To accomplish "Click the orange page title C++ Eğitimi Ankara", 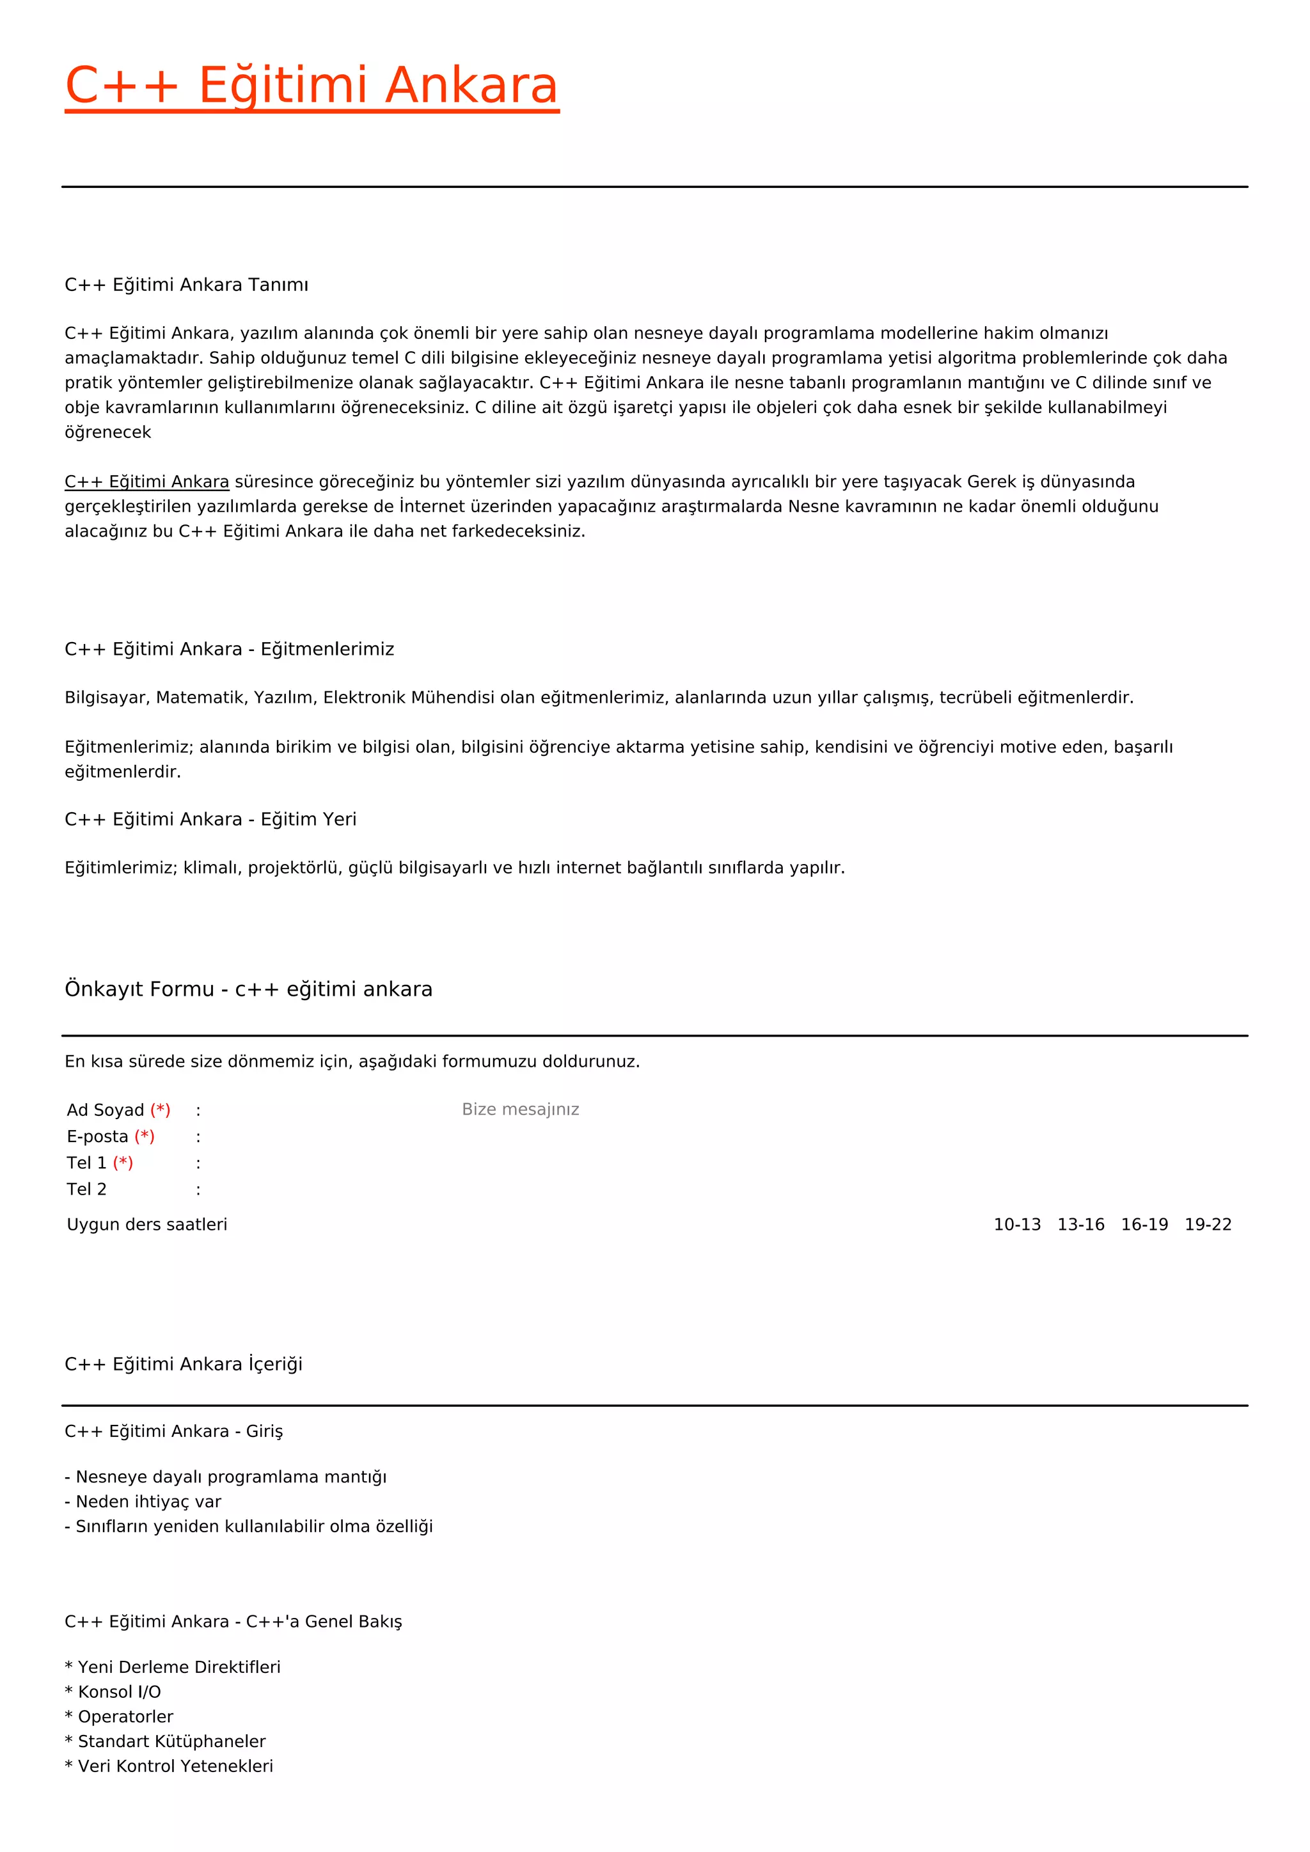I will click(x=312, y=86).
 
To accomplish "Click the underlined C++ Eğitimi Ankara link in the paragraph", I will click(x=147, y=482).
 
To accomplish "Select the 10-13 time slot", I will click(x=1016, y=1225).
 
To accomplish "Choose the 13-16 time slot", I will click(x=1080, y=1225).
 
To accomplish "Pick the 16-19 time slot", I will click(x=1144, y=1225).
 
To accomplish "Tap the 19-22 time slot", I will click(x=1208, y=1225).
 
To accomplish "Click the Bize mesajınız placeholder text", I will click(x=520, y=1109).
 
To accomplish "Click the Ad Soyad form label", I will click(x=106, y=1110).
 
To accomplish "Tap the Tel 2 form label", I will click(x=86, y=1189).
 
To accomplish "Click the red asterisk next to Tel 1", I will click(x=123, y=1163).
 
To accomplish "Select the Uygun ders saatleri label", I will click(x=147, y=1225).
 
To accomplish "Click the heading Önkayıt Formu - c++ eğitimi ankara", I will click(x=248, y=989).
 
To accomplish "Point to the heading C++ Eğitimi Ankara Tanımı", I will click(x=186, y=285).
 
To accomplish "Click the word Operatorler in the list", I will click(x=125, y=1716).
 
